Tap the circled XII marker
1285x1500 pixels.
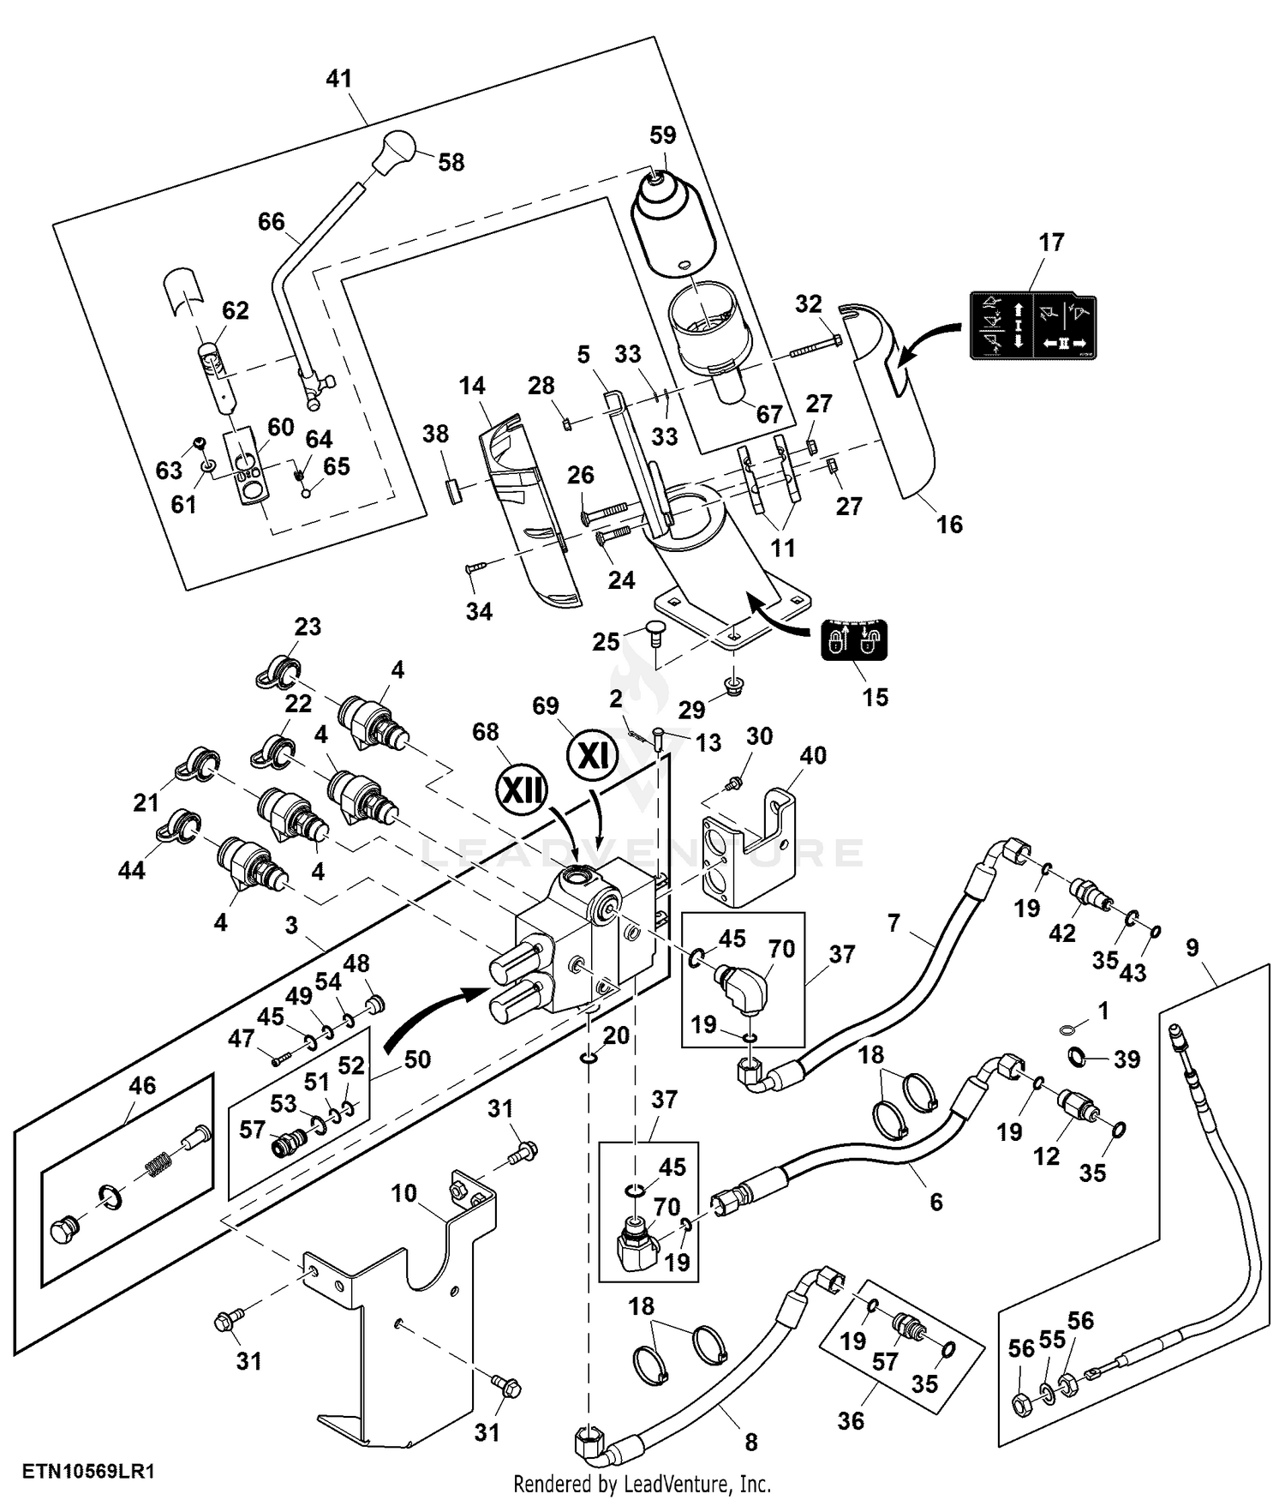[x=522, y=789]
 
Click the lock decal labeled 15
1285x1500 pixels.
[x=854, y=639]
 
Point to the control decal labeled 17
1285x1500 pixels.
[x=1032, y=324]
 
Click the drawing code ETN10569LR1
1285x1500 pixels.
[x=88, y=1472]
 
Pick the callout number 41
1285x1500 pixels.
[x=339, y=78]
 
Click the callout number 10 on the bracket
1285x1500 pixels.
[x=403, y=1193]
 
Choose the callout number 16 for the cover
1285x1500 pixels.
[x=949, y=525]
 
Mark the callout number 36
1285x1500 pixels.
[x=851, y=1421]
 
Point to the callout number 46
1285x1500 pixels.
[x=142, y=1085]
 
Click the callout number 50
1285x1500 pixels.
[x=417, y=1059]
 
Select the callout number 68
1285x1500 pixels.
[x=486, y=732]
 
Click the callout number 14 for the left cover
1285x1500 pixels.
[x=472, y=386]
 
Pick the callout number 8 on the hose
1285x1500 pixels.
[x=751, y=1443]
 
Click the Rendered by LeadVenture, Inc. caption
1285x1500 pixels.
[x=642, y=1484]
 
